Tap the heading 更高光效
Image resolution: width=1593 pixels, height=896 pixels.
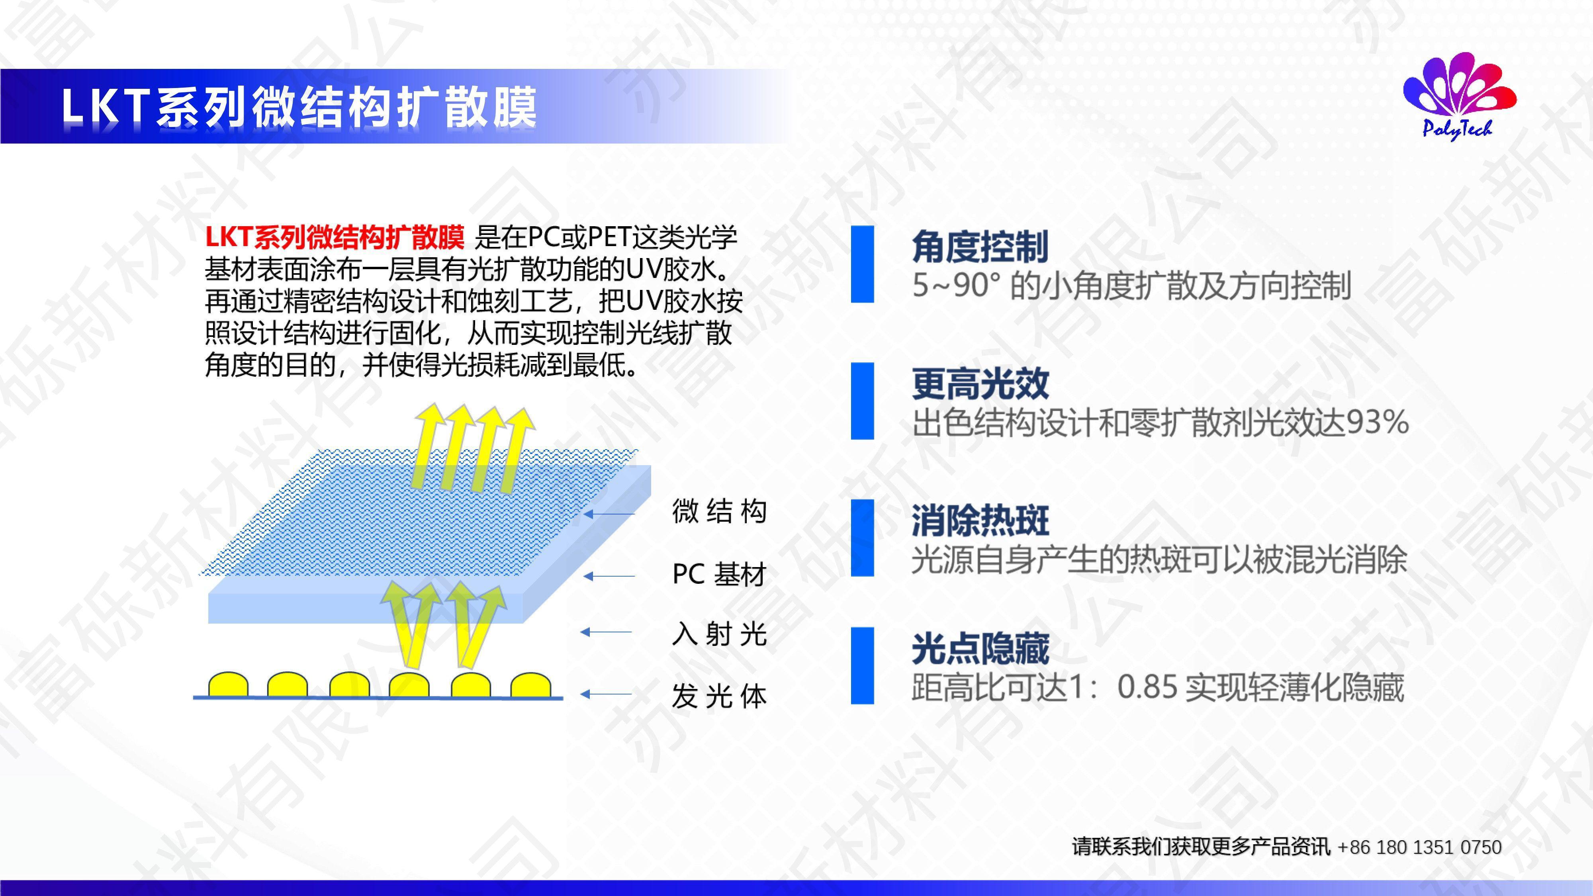(980, 383)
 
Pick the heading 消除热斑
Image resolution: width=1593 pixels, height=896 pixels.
(980, 520)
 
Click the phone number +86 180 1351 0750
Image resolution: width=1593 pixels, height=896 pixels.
(1419, 847)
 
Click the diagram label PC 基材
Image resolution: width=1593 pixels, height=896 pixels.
(719, 575)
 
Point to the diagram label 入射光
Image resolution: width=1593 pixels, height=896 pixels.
(719, 634)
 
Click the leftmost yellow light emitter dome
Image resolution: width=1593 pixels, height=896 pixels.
(228, 685)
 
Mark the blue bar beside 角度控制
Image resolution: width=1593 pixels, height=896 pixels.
(862, 264)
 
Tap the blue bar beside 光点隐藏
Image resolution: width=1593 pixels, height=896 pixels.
(862, 665)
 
